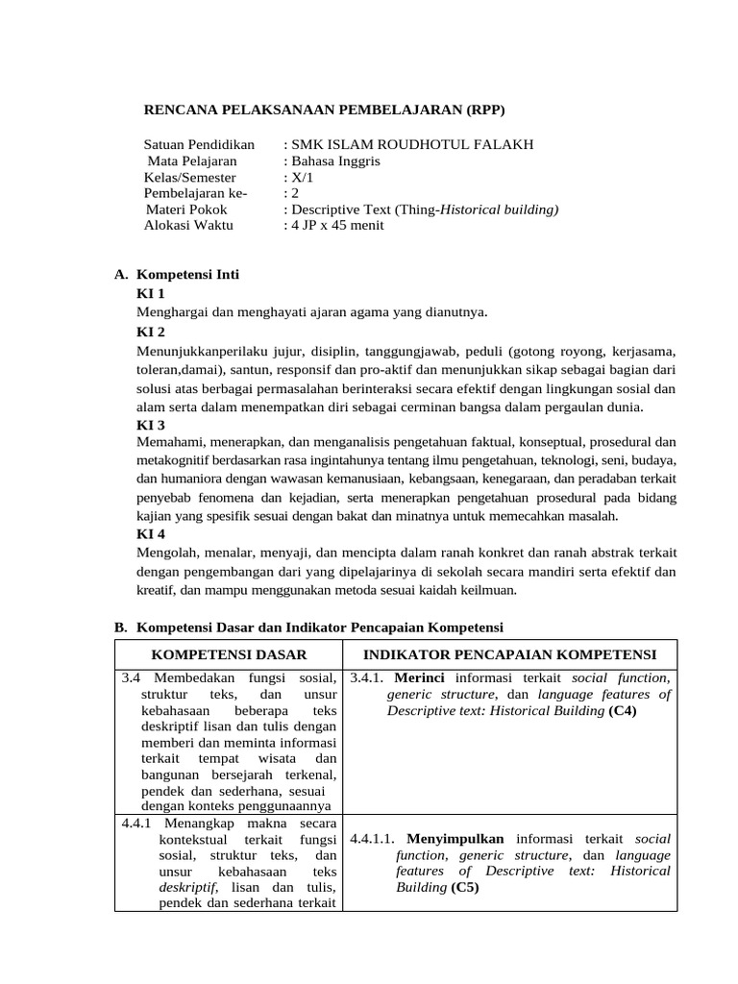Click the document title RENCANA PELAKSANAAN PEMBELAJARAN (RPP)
pyautogui.click(x=324, y=110)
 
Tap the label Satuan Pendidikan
pyautogui.click(x=199, y=144)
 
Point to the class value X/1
pyautogui.click(x=299, y=178)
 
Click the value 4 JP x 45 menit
pyautogui.click(x=337, y=226)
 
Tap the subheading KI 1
pyautogui.click(x=151, y=293)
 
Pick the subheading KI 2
pyautogui.click(x=151, y=332)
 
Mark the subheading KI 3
pyautogui.click(x=151, y=424)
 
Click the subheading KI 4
pyautogui.click(x=151, y=534)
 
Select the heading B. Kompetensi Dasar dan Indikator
pyautogui.click(x=308, y=627)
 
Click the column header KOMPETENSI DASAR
pyautogui.click(x=230, y=654)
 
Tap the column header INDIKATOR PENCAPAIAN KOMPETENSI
pyautogui.click(x=510, y=654)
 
